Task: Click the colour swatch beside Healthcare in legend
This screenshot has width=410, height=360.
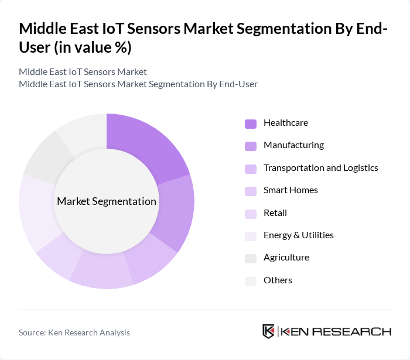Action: [251, 124]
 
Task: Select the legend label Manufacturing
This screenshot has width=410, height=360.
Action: [293, 145]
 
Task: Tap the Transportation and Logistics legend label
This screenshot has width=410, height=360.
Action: [320, 168]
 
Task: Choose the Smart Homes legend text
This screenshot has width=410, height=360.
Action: [291, 190]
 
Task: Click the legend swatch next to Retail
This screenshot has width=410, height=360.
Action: [251, 214]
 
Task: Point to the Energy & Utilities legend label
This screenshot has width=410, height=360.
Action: [298, 235]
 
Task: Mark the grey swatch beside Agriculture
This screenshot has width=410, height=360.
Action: [251, 258]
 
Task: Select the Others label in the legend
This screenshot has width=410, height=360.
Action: [278, 280]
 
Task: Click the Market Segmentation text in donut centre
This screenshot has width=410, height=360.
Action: [107, 201]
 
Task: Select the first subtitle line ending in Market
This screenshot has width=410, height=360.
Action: [83, 72]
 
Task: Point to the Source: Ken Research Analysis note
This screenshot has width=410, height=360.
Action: [74, 332]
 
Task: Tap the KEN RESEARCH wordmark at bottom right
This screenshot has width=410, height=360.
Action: [336, 331]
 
